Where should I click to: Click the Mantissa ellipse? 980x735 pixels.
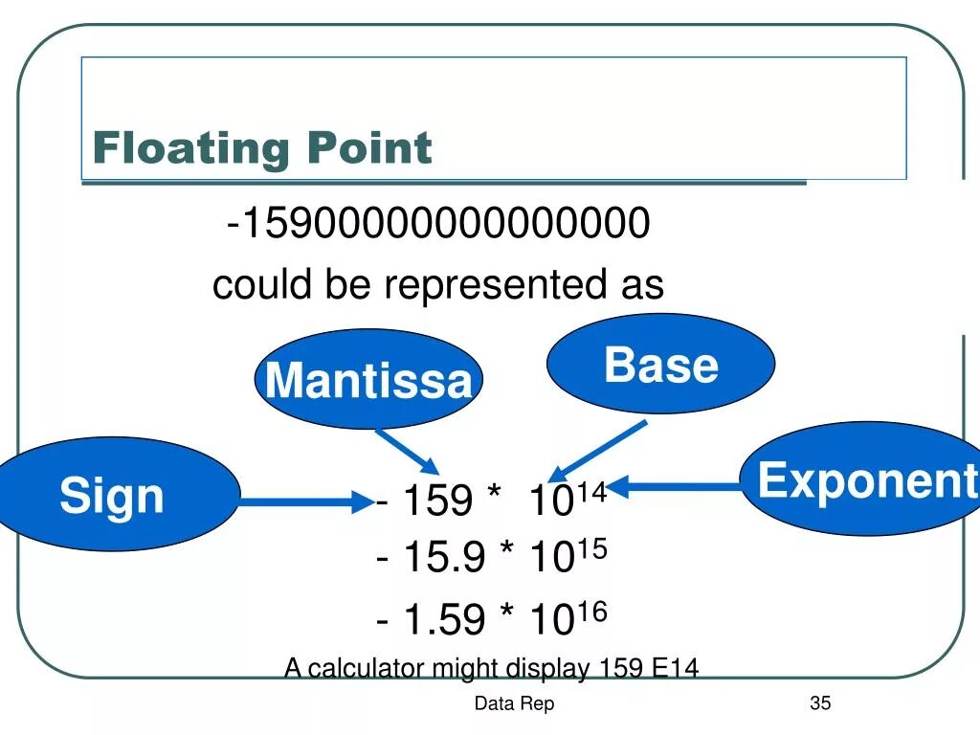pyautogui.click(x=368, y=379)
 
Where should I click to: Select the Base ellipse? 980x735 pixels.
pyautogui.click(x=660, y=365)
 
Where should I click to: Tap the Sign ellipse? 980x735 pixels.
pyautogui.click(x=113, y=496)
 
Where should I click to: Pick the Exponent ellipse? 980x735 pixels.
pyautogui.click(x=866, y=479)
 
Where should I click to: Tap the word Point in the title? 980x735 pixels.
pyautogui.click(x=369, y=148)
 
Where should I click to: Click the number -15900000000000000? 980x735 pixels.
pyautogui.click(x=439, y=225)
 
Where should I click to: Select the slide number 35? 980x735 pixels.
pyautogui.click(x=820, y=703)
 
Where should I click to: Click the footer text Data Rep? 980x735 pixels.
pyautogui.click(x=514, y=704)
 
